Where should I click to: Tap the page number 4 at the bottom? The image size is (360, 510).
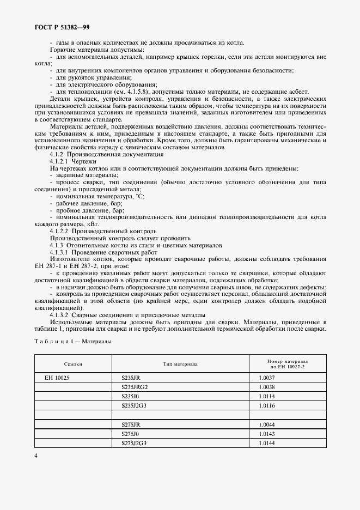(x=36, y=456)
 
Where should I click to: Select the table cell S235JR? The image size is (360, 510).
(x=131, y=377)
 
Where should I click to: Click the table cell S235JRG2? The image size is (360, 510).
(x=135, y=387)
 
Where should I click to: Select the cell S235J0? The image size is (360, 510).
(x=131, y=396)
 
